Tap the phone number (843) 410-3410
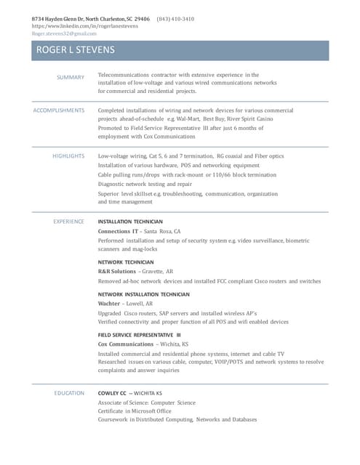coord(175,19)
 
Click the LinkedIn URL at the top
coord(85,26)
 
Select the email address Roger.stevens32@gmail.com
coord(64,33)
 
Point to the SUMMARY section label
coord(71,76)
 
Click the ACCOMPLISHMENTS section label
coord(59,110)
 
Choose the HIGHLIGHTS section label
coord(68,155)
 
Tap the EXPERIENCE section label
coord(68,222)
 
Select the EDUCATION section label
coord(69,393)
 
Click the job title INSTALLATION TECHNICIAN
coord(130,222)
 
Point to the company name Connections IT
coord(118,231)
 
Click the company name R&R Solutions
coord(116,271)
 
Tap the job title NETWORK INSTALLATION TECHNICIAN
coord(143,294)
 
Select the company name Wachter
coord(109,304)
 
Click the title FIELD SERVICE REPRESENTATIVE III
coord(139,334)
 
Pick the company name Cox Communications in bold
coord(126,344)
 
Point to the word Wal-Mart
coord(186,118)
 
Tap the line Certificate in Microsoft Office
coord(135,411)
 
